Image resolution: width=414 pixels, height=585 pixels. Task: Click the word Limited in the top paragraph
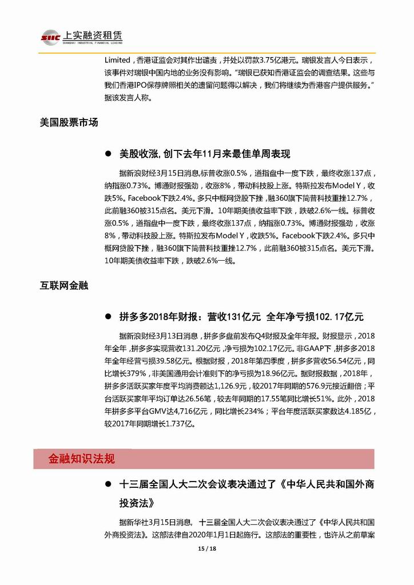tap(118, 60)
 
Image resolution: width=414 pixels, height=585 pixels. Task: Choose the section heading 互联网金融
tap(63, 284)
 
